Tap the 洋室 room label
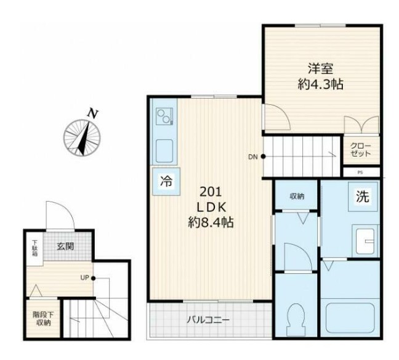[x=321, y=68]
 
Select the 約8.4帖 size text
[x=211, y=222]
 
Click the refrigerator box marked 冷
[x=166, y=181]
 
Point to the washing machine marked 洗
[x=363, y=197]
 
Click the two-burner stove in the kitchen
[x=164, y=116]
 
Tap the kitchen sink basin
[x=164, y=151]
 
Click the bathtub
[x=350, y=317]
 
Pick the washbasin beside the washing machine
[x=365, y=241]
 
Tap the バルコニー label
[x=208, y=319]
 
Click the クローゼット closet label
[x=361, y=150]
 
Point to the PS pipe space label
[x=360, y=173]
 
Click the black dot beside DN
[x=263, y=157]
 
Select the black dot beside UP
[x=94, y=278]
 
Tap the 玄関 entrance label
[x=65, y=247]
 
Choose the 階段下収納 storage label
[x=44, y=319]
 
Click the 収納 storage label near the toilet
[x=297, y=196]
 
